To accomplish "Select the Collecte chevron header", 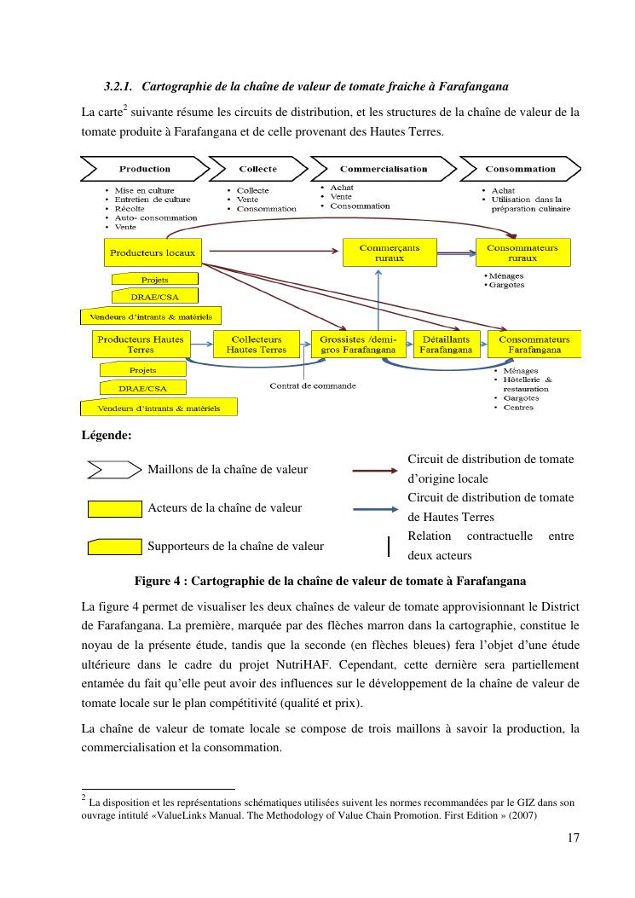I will pyautogui.click(x=257, y=169).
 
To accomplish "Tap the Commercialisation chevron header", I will pyautogui.click(x=383, y=169).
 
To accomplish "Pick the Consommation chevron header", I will pyautogui.click(x=520, y=169).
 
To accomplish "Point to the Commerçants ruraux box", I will pyautogui.click(x=382, y=252).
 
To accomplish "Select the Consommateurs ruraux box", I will pyautogui.click(x=522, y=252).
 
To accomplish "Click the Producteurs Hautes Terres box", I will pyautogui.click(x=141, y=345).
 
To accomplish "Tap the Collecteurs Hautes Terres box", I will pyautogui.click(x=257, y=345).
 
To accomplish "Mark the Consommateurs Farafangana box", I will pyautogui.click(x=534, y=345).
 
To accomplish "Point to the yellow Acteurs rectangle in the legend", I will pyautogui.click(x=115, y=508).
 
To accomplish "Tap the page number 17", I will pyautogui.click(x=573, y=837).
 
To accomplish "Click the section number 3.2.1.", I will pyautogui.click(x=118, y=87).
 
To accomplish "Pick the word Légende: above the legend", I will pyautogui.click(x=106, y=436).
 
